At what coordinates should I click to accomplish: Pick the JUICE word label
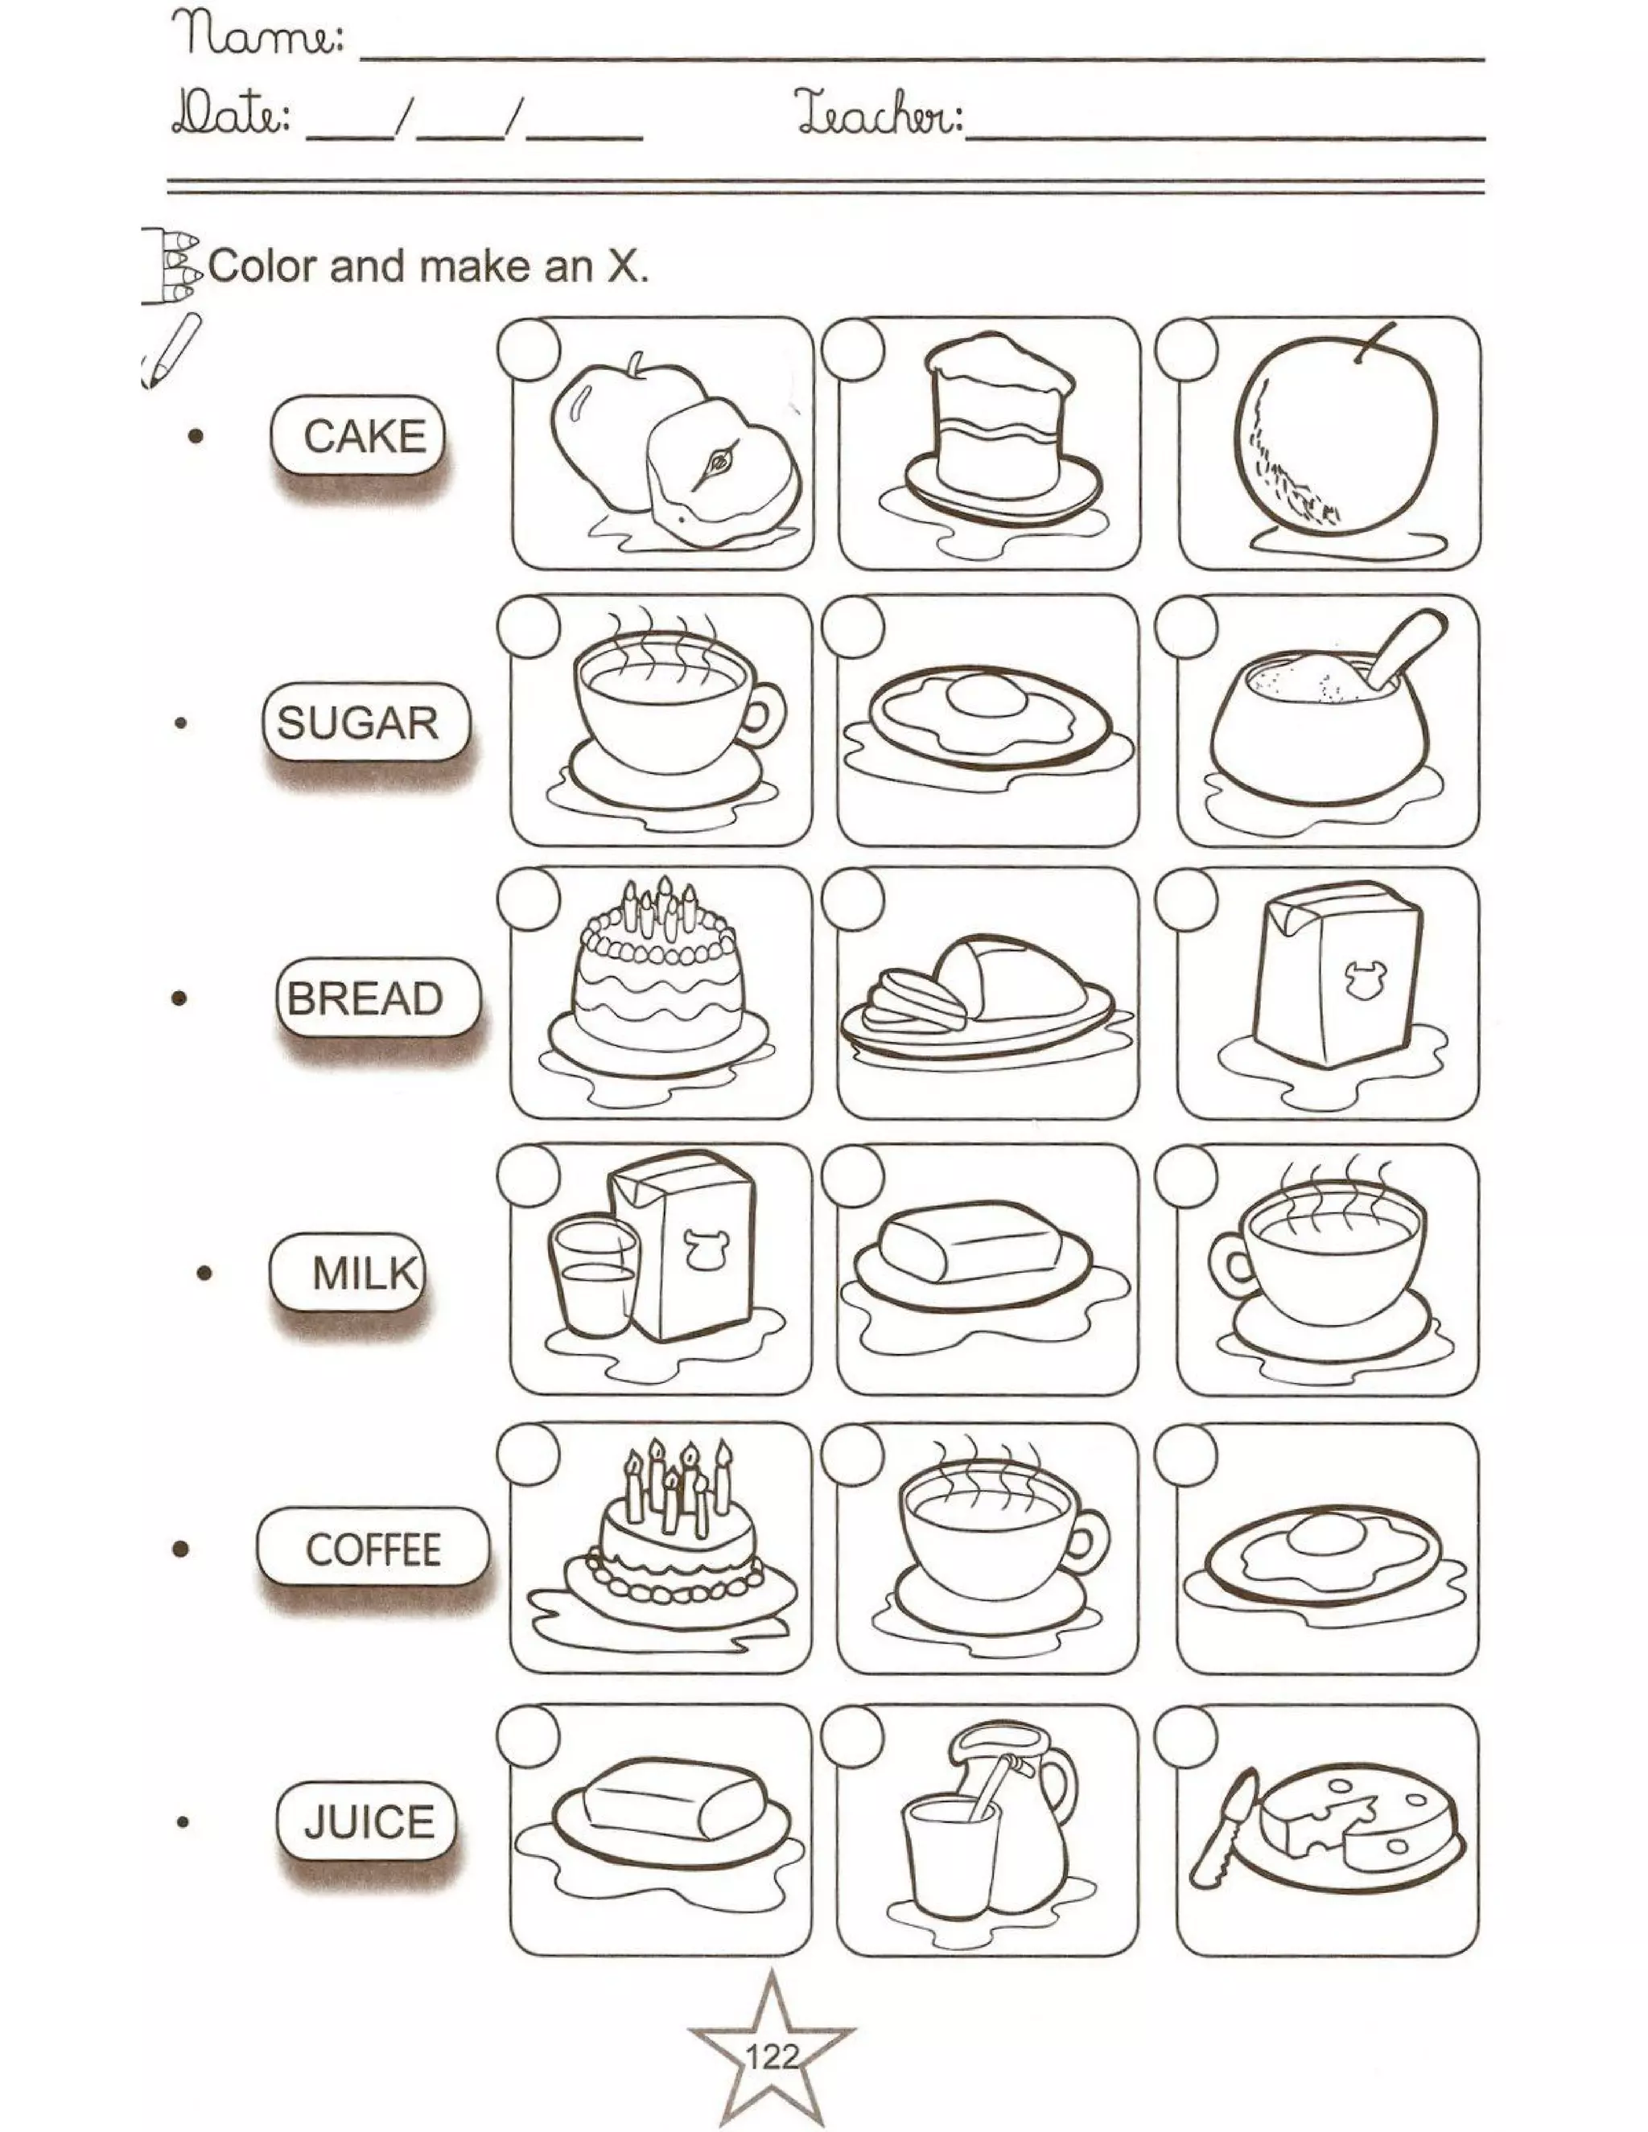point(367,1821)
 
